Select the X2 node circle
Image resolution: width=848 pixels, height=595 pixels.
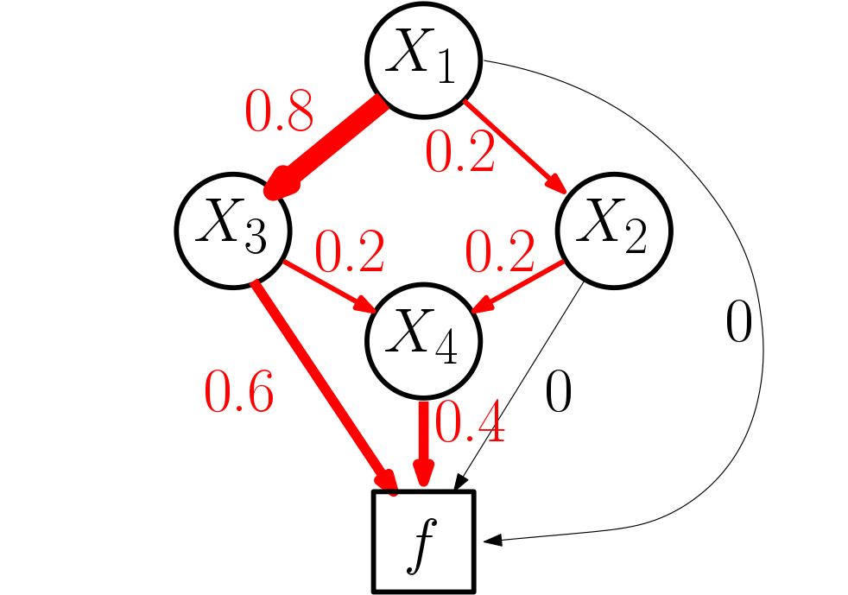coord(613,231)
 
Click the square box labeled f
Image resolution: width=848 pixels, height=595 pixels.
coord(423,541)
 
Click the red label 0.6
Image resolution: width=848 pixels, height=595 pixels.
coord(239,391)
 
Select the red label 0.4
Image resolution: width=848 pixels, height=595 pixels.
coord(469,421)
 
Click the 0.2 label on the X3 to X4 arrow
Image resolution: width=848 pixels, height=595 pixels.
coord(349,252)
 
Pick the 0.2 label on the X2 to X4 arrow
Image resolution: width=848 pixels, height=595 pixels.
coord(500,252)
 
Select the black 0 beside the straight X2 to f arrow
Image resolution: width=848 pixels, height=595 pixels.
coord(558,395)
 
